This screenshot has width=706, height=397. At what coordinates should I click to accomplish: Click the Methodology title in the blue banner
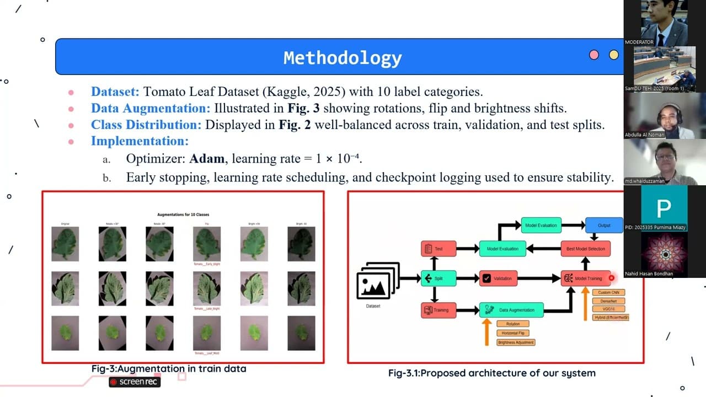point(343,57)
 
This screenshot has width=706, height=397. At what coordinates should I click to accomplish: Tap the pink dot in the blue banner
point(594,55)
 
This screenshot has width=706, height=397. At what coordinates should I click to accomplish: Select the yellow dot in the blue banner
point(613,55)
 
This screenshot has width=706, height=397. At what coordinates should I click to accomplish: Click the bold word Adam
point(207,159)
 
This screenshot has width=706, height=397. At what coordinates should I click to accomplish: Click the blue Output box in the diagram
point(603,225)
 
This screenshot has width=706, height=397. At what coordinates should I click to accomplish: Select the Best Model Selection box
point(586,249)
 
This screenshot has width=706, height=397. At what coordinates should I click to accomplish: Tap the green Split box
point(438,278)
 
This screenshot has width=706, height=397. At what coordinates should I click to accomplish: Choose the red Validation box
point(498,278)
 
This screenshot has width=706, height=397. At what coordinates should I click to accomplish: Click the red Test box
point(438,249)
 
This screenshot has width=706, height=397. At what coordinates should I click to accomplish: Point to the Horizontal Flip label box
point(512,333)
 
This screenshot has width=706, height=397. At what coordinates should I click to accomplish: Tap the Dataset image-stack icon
point(378,281)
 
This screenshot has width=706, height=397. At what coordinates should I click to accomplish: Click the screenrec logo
point(135,382)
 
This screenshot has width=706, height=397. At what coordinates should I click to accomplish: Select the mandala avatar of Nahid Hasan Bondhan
point(665,254)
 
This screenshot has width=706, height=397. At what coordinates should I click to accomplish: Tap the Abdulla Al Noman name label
point(645,135)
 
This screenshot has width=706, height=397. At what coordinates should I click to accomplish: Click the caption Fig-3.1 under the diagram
point(491,373)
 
